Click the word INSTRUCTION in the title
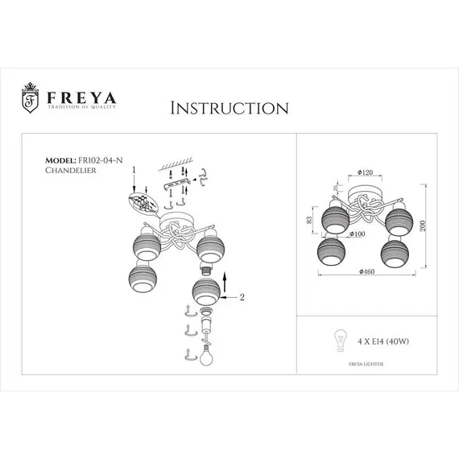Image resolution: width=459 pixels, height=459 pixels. click(230, 108)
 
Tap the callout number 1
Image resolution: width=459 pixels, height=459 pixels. click(134, 171)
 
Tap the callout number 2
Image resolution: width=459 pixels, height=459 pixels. click(241, 296)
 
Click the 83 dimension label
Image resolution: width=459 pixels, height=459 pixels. click(310, 221)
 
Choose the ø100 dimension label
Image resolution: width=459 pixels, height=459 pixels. click(357, 234)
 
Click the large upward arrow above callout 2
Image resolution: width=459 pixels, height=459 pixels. click(223, 281)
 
